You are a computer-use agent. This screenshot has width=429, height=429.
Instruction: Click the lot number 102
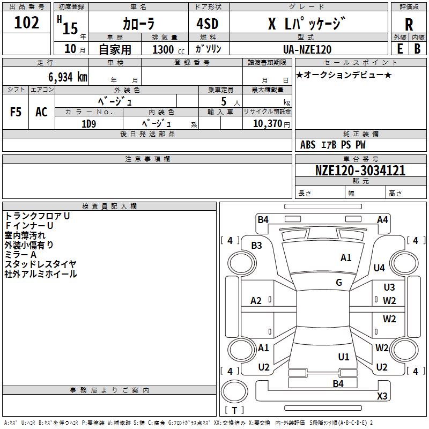click(27, 23)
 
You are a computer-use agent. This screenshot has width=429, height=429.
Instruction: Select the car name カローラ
click(138, 24)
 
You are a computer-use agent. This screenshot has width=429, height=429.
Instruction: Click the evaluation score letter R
click(409, 25)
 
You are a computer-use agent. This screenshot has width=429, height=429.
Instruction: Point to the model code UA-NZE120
click(307, 49)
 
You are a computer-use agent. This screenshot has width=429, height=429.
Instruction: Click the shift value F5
click(16, 112)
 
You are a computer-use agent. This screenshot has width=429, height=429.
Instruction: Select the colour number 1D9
click(88, 123)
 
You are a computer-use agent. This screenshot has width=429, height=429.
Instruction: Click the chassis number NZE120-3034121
click(360, 171)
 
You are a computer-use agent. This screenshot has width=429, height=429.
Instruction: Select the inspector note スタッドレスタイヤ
click(40, 264)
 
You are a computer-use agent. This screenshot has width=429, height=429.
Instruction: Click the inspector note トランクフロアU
click(38, 216)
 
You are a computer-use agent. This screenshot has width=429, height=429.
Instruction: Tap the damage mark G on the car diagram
click(339, 283)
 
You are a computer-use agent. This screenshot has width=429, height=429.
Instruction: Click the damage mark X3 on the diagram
click(382, 396)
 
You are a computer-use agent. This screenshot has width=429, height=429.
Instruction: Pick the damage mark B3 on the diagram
click(257, 245)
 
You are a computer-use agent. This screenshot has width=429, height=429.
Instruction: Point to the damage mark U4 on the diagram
click(379, 268)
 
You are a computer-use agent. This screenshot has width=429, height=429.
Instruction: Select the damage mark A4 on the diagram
click(382, 219)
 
